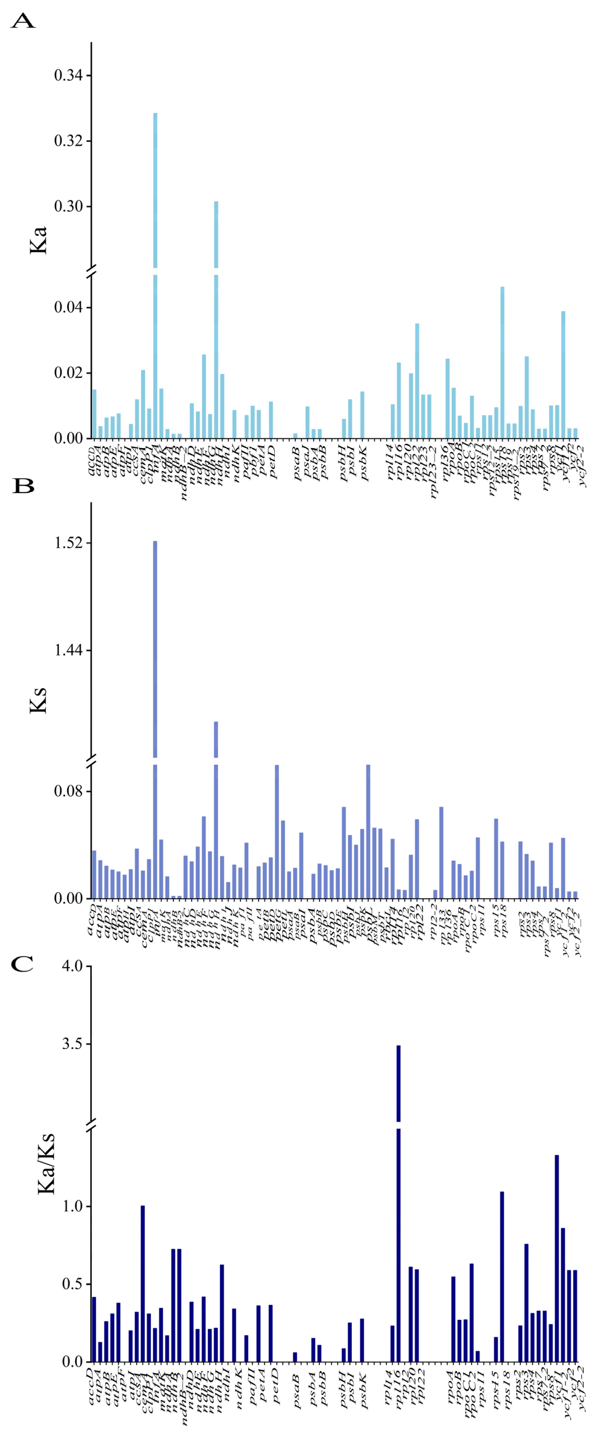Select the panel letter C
pos(22,964)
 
